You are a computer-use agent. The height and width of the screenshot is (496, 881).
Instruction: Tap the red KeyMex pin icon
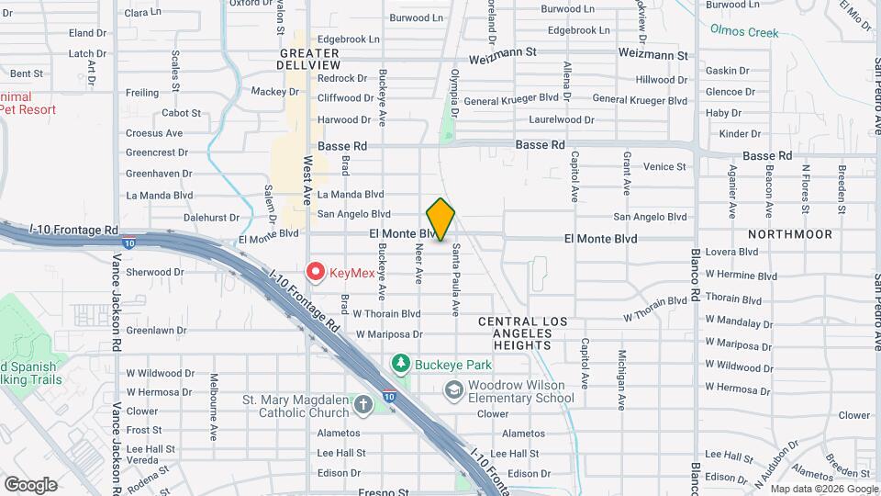317,271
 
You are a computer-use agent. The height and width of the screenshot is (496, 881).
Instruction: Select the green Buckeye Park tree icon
401,364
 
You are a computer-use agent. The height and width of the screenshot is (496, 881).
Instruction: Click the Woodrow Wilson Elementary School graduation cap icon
453,391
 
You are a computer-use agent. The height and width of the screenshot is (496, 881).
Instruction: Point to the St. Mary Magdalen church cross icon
363,405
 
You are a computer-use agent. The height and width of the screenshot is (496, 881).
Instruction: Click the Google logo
30,484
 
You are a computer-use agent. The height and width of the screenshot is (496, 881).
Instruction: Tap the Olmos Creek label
743,32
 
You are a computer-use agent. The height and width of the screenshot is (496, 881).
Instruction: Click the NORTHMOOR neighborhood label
790,234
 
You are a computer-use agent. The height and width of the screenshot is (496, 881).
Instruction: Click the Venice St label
665,167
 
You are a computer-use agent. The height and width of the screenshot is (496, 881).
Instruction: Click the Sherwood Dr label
155,272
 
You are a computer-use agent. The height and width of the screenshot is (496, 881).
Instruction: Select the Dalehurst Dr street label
211,218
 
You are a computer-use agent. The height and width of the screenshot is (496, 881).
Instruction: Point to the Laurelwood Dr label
562,119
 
